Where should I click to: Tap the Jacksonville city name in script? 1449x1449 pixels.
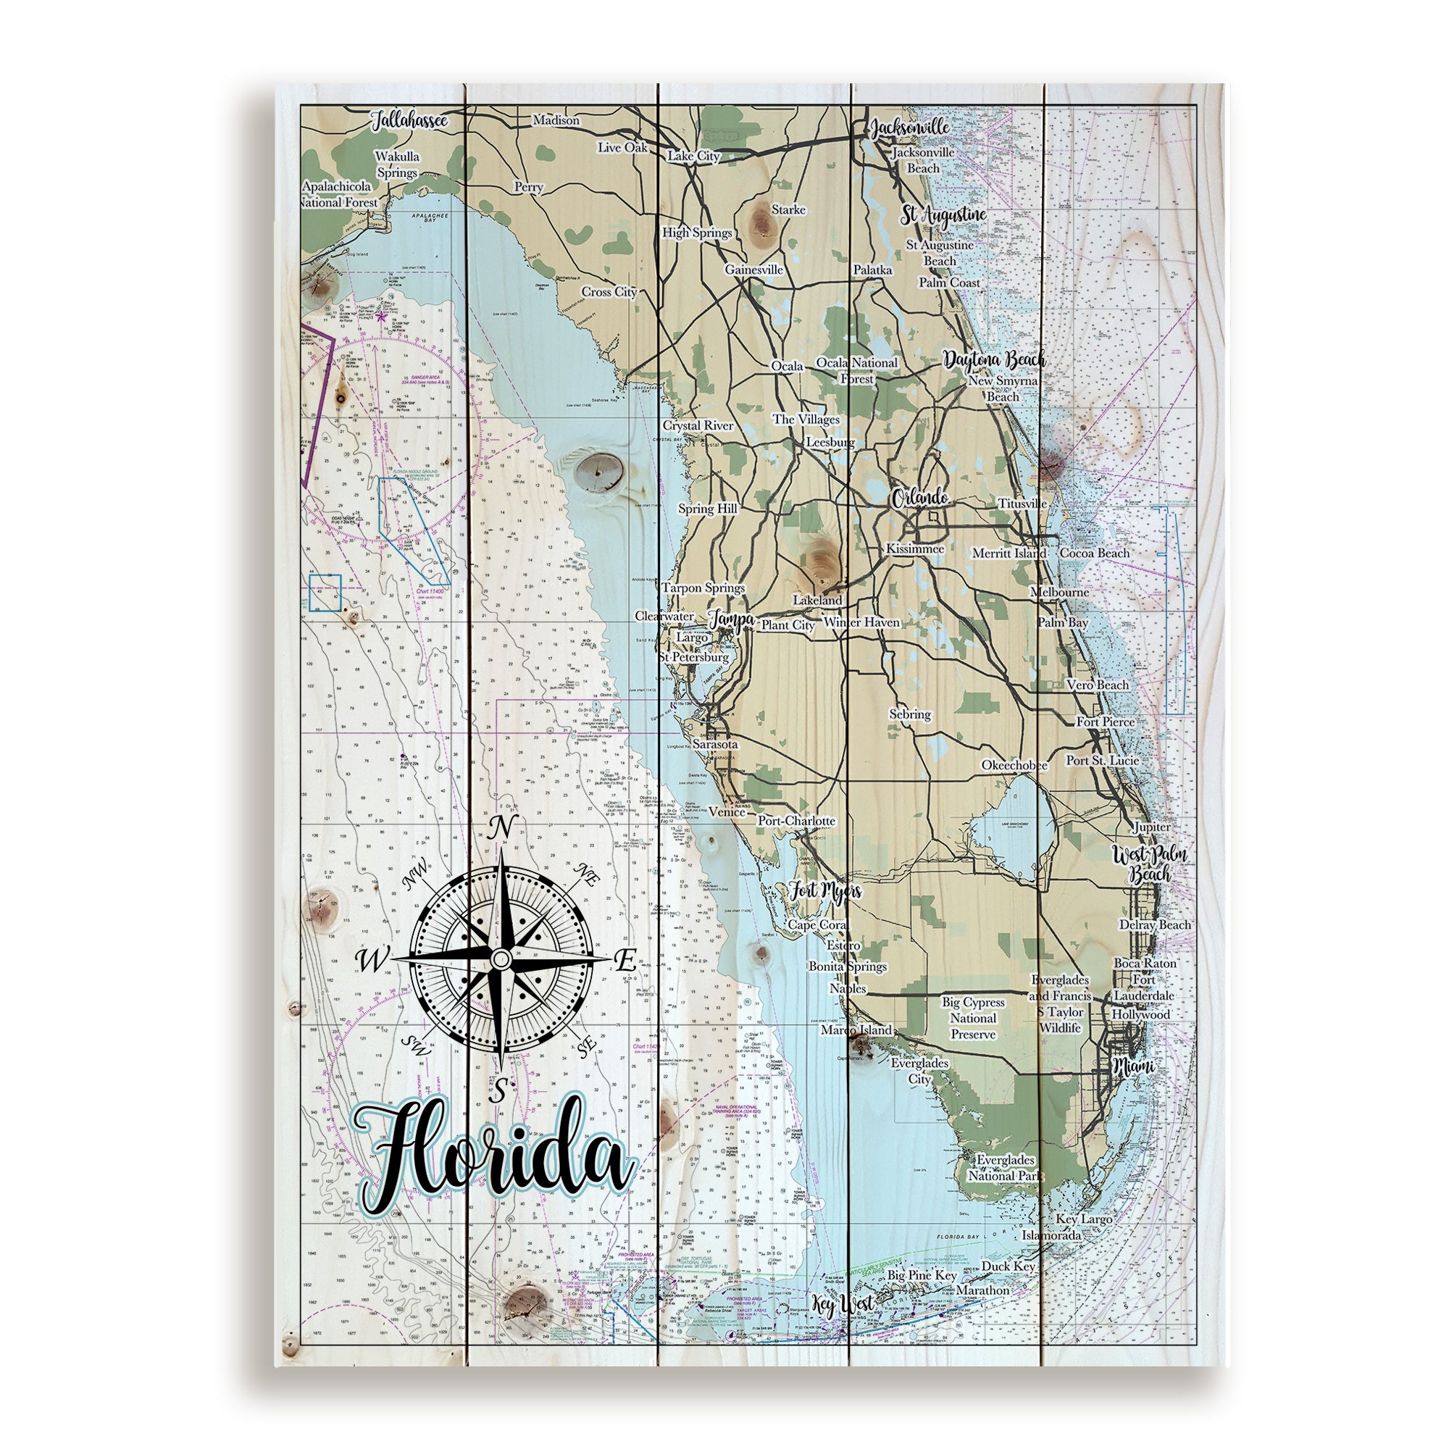coord(909,128)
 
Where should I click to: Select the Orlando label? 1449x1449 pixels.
coord(919,498)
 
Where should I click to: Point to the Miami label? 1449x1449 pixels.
coord(1133,1066)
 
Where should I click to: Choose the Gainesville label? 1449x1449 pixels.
coord(753,270)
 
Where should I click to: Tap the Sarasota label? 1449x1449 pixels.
coord(715,745)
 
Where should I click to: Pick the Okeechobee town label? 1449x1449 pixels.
coord(1015,765)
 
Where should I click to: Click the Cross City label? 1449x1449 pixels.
coord(609,292)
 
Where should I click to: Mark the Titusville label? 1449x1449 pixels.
coord(1022,504)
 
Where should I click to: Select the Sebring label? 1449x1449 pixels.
coord(910,714)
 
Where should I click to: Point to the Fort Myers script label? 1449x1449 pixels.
coord(824,892)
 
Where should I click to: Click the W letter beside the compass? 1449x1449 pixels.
coord(370,959)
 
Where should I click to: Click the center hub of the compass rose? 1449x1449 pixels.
coord(500,959)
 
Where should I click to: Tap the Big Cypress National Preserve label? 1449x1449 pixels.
coord(973,1018)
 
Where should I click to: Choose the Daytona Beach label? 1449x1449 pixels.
coord(994,360)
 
